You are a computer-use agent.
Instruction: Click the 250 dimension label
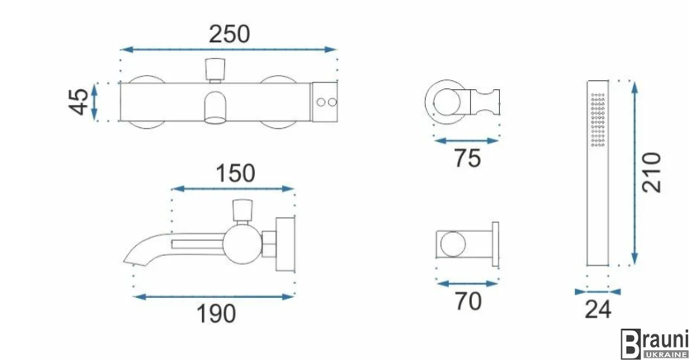(x=229, y=35)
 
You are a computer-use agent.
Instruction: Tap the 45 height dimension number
(x=78, y=102)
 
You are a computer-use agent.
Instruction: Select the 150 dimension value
(x=235, y=173)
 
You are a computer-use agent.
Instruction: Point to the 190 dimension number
(x=215, y=314)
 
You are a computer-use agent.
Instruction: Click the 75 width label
(x=468, y=159)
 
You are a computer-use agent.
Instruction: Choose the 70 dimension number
(x=468, y=301)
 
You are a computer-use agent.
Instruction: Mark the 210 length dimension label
(x=652, y=173)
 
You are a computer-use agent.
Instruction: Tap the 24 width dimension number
(x=597, y=309)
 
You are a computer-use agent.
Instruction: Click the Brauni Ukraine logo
(x=654, y=343)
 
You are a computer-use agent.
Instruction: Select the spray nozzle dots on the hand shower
(x=597, y=120)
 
